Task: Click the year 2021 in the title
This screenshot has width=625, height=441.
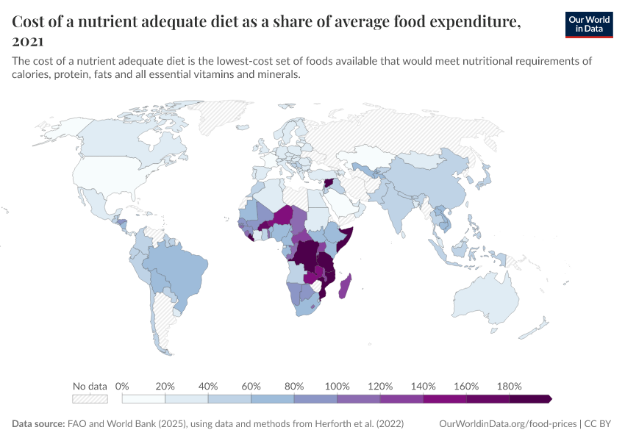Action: (28, 41)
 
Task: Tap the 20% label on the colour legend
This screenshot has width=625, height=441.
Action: (165, 386)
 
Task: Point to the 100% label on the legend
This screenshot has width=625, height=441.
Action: (337, 386)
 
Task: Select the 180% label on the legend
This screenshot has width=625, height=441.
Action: (509, 386)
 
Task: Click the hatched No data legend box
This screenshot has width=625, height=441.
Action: (90, 399)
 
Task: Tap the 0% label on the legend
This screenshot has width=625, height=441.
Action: (123, 386)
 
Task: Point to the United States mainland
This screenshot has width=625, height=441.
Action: (110, 176)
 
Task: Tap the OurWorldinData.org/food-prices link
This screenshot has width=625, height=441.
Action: (507, 424)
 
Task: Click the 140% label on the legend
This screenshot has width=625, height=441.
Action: (424, 386)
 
